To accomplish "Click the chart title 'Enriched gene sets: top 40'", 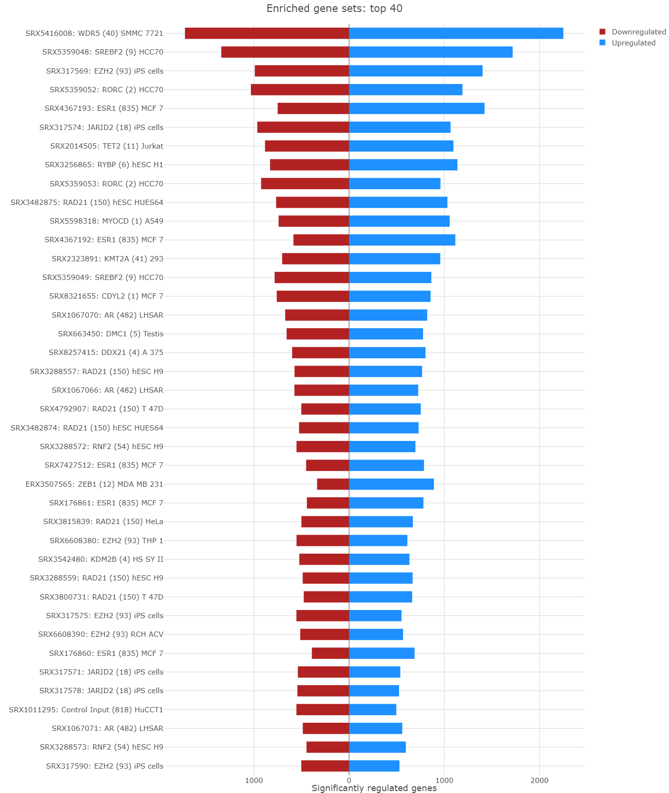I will tap(334, 9).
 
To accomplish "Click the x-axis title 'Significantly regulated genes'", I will tap(374, 788).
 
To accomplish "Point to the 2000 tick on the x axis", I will tap(540, 781).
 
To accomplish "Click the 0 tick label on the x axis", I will tap(349, 781).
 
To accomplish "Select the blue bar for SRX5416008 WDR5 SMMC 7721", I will tap(456, 33).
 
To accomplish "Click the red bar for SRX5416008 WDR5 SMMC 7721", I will tap(267, 33).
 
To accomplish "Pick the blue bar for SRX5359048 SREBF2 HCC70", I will tap(431, 52).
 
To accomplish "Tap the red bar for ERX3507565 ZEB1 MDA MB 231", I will tap(333, 484).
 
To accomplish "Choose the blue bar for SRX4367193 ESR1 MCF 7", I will tap(417, 108).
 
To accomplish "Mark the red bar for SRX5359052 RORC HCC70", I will tap(300, 90).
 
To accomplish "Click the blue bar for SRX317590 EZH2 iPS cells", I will tap(374, 766).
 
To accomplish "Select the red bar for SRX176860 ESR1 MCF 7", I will tap(330, 653).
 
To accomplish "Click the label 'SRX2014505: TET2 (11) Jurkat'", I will tap(107, 146).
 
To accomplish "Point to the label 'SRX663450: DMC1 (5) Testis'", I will tap(110, 334).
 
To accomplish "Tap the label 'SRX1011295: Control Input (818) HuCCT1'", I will tap(86, 710).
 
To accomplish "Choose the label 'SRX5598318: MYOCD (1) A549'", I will tap(107, 221).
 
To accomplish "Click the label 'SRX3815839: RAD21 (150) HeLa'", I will tap(103, 522).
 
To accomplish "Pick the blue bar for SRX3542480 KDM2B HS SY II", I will tap(379, 559).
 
